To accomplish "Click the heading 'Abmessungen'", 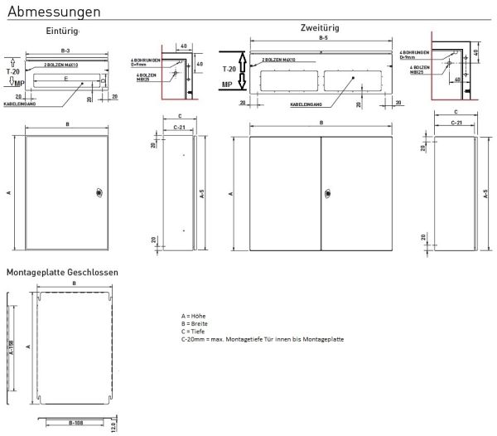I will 55,12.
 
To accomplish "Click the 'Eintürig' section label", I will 62,31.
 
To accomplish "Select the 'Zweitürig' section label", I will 319,27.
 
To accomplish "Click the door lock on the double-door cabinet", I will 327,195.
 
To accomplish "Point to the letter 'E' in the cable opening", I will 66,79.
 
